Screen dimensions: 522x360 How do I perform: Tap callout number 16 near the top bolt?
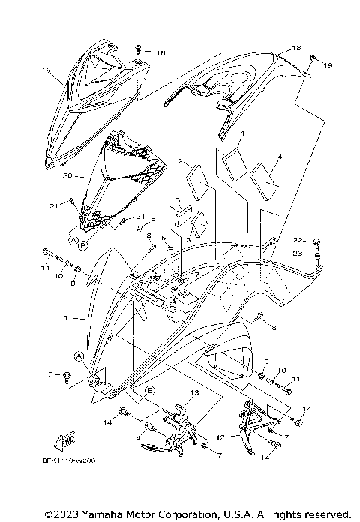pyautogui.click(x=159, y=53)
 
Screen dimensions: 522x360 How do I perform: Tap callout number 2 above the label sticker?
pyautogui.click(x=181, y=161)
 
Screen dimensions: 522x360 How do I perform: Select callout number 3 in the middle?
pyautogui.click(x=177, y=200)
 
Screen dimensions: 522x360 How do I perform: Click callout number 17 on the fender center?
pyautogui.click(x=193, y=276)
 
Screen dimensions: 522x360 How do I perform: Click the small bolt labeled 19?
pyautogui.click(x=313, y=58)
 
